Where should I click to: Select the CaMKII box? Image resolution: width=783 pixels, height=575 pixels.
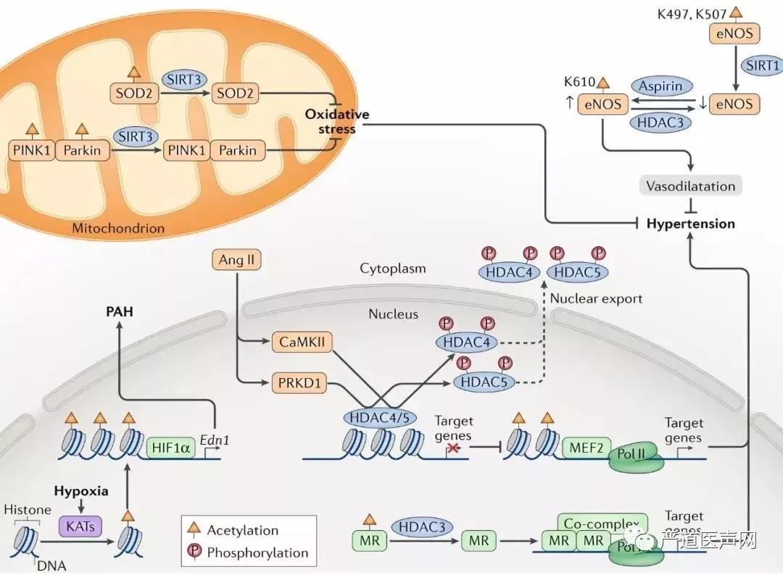pos(302,343)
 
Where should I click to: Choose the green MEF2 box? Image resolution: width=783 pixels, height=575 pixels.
pos(585,448)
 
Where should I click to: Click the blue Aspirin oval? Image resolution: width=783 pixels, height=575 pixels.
pos(660,86)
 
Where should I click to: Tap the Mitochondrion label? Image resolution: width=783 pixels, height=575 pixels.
pos(118,228)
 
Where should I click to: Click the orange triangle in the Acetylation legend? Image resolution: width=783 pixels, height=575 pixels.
pos(194,531)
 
